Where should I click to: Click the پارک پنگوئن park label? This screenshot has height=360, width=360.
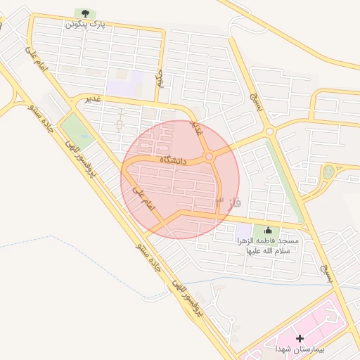point(85,24)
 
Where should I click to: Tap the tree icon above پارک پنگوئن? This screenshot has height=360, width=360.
point(85,13)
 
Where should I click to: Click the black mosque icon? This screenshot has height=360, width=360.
point(267,230)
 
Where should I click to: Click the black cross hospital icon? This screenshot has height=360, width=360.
point(300,339)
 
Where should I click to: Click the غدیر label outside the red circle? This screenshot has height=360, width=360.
point(92,98)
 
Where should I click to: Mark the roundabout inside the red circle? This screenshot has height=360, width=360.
point(210,156)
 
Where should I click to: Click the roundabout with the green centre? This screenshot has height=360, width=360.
point(328,171)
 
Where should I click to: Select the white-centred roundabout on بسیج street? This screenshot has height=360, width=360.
point(269,131)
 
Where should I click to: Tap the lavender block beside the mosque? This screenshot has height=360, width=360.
point(243,231)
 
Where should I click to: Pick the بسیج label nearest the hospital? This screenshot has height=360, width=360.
point(325,272)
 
